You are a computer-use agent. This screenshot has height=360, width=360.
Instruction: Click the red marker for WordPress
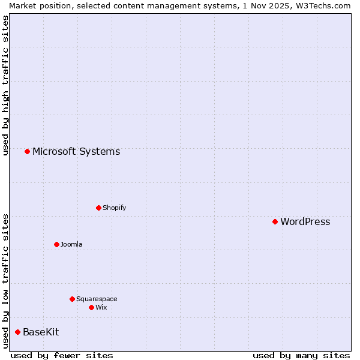coord(275,221)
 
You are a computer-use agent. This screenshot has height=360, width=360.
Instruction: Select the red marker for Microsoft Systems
coord(27,151)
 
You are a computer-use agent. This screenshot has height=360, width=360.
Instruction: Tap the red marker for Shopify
coord(98,208)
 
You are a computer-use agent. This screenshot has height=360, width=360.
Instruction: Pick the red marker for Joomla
coord(56,244)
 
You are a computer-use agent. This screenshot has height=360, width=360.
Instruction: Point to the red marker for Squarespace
coord(72,299)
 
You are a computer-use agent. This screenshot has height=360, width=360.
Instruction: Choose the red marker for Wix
coord(91,307)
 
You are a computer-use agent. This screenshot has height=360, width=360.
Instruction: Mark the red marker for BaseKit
coord(17,332)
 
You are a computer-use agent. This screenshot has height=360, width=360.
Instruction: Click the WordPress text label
coord(305,222)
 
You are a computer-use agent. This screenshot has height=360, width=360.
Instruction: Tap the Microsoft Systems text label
coord(76,152)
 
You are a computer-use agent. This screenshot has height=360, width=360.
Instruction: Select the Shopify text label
coord(114,208)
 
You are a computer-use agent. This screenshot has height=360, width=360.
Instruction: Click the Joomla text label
coord(71,245)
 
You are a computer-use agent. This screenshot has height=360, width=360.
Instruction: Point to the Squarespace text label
coord(97,299)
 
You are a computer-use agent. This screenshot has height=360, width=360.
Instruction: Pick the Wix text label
coord(101,308)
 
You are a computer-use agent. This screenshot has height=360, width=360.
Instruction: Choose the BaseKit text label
coord(41,332)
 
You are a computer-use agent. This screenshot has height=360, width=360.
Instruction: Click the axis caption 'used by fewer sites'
coord(62,355)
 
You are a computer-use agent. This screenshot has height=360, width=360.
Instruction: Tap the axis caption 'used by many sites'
coord(301,355)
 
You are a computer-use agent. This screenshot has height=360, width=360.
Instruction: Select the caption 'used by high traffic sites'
coord(5,85)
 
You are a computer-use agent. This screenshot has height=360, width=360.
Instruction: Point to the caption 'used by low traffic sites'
coord(5,281)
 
